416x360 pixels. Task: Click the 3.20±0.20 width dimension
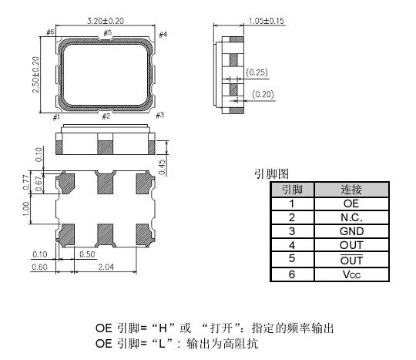(x=106, y=21)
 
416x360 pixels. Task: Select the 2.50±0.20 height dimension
(x=35, y=75)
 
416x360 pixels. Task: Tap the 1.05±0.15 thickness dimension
(x=266, y=21)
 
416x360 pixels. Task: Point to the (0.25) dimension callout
(x=257, y=72)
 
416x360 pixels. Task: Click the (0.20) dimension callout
(x=263, y=94)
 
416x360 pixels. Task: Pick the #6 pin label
(x=50, y=32)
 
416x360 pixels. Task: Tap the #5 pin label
(x=107, y=33)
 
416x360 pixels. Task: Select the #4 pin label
(x=163, y=35)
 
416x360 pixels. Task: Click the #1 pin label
(x=56, y=117)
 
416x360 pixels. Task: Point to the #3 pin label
(x=159, y=115)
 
